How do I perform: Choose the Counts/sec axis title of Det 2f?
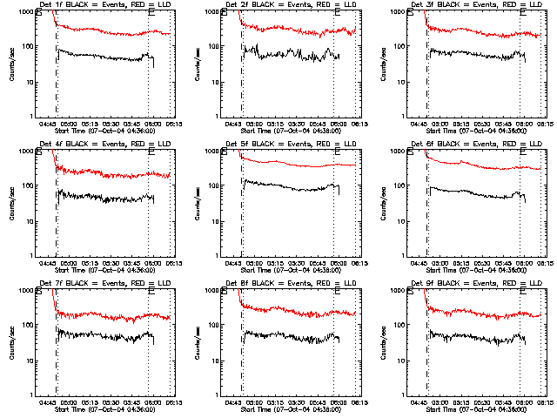click(197, 63)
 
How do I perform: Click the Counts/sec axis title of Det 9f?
click(382, 341)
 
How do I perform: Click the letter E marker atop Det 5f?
click(337, 154)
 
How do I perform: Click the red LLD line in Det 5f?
click(287, 163)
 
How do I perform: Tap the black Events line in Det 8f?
click(287, 334)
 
